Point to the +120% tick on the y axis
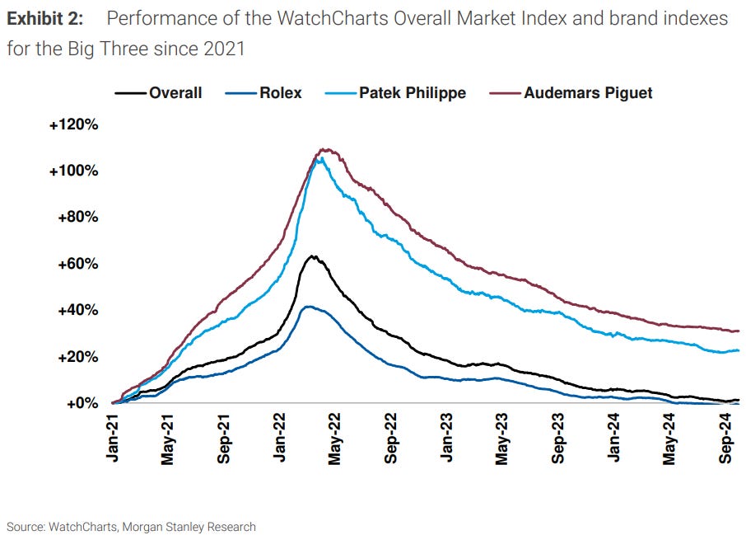point(73,124)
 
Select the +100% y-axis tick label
point(73,171)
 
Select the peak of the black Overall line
point(312,256)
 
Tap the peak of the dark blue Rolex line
point(307,307)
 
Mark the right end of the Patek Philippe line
point(739,350)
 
